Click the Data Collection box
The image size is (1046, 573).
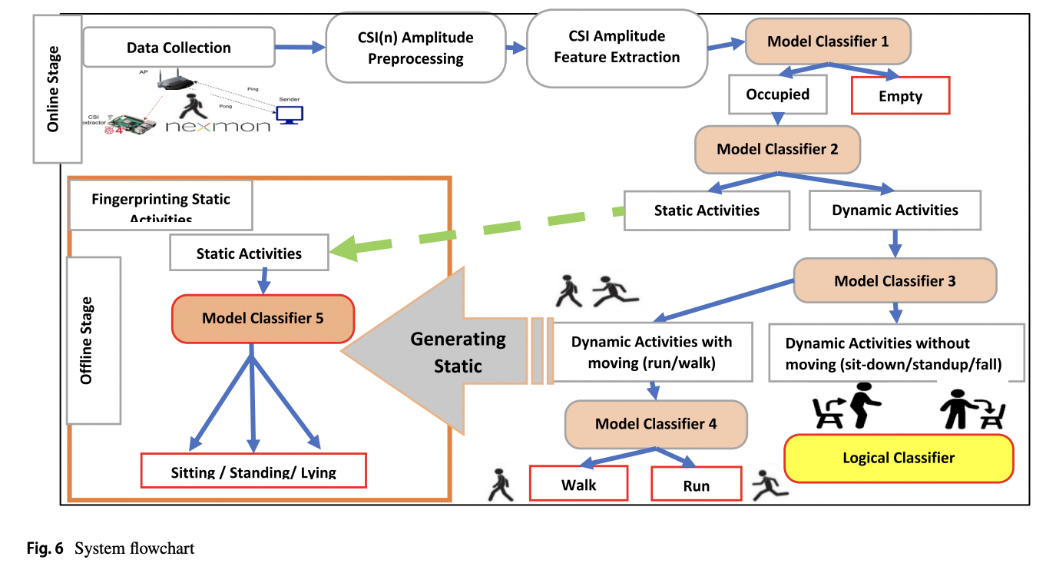click(178, 48)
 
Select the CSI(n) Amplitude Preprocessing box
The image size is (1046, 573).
click(415, 48)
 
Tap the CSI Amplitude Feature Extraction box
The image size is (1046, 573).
click(617, 47)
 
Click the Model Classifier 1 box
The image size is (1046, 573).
click(828, 41)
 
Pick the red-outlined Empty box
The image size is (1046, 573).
click(901, 97)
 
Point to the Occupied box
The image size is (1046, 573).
click(777, 94)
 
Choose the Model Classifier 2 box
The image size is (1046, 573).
click(777, 149)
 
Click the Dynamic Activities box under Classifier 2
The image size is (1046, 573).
click(895, 210)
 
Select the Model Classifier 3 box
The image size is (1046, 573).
click(895, 281)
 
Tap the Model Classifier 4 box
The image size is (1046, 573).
click(656, 423)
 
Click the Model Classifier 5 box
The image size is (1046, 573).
click(263, 318)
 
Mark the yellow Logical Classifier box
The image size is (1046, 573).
click(898, 459)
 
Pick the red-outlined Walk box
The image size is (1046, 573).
click(578, 485)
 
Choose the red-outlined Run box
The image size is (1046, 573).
click(696, 485)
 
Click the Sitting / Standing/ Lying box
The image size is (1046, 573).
click(253, 471)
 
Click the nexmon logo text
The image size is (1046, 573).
click(218, 125)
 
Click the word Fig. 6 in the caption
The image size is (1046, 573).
click(45, 548)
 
